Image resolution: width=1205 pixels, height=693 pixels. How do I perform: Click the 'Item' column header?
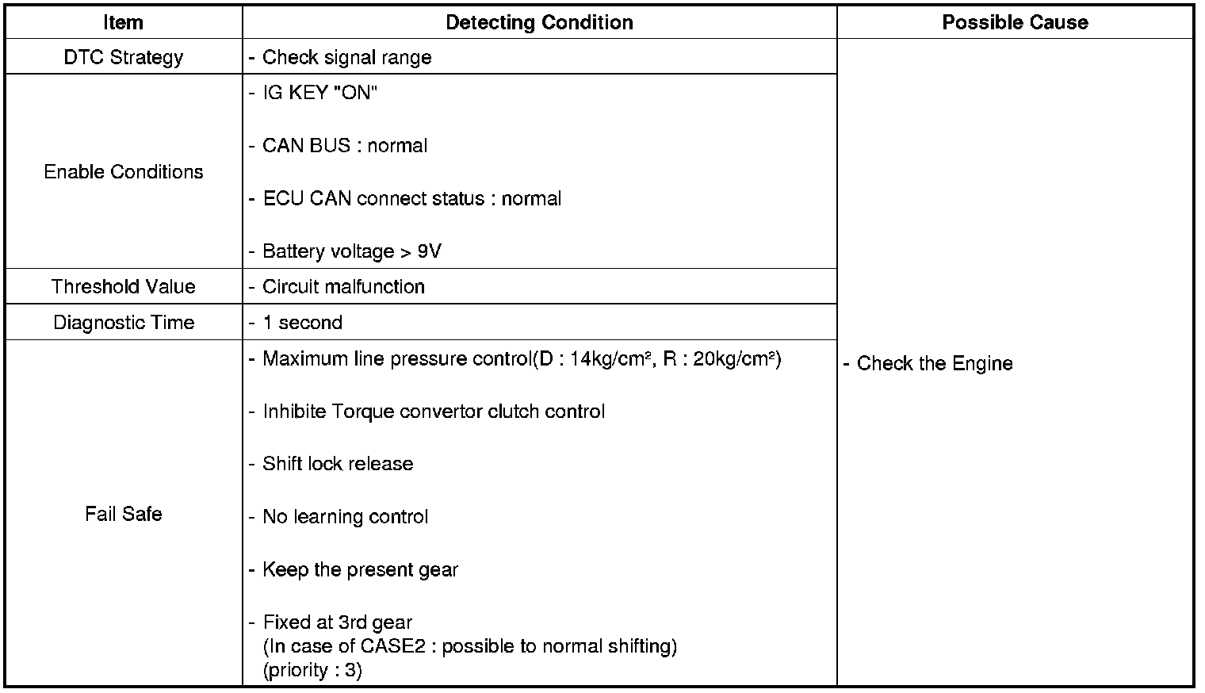coord(123,22)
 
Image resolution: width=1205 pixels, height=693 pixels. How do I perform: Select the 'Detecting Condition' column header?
coord(539,22)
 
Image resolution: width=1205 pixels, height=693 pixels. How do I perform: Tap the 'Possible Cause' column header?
coord(1015,22)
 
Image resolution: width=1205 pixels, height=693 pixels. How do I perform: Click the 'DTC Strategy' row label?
coord(123,57)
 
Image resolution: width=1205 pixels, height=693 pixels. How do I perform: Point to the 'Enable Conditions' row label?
coord(123,172)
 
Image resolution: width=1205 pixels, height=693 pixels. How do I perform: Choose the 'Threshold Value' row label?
coord(123,286)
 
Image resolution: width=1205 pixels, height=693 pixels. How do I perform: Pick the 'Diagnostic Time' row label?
coord(123,323)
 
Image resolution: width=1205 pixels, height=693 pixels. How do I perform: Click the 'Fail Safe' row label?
coord(123,514)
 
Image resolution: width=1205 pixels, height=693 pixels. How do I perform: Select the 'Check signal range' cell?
coord(346,57)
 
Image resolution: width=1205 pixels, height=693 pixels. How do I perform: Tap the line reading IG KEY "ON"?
coord(319,93)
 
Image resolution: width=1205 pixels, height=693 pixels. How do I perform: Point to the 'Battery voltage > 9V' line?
coord(351,251)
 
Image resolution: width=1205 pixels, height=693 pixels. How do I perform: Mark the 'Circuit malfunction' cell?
coord(343,286)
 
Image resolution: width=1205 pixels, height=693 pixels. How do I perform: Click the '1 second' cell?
coord(302,323)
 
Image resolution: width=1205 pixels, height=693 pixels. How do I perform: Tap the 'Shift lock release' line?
coord(338,464)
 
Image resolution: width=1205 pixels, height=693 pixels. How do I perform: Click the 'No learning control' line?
coord(345,517)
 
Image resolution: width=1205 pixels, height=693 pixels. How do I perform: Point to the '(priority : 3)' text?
coord(312,670)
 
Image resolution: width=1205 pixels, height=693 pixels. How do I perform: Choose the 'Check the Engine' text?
coord(934,363)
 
